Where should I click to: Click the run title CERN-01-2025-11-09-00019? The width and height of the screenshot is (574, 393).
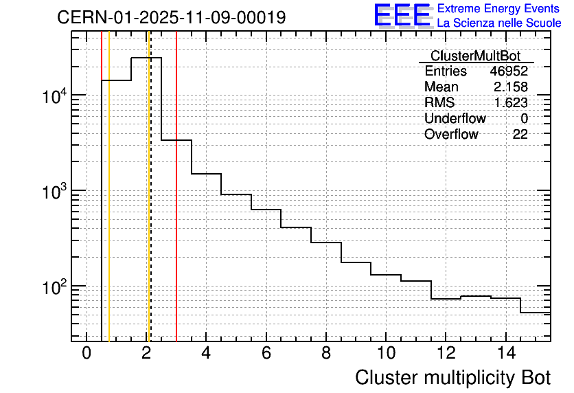172,18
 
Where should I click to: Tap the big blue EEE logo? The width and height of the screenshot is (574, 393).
402,15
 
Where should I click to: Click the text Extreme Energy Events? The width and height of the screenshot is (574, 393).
499,9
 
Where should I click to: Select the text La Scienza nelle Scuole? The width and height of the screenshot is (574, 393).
499,23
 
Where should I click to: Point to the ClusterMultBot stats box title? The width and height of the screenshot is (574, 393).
475,56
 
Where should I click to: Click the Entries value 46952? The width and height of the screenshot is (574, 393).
509,71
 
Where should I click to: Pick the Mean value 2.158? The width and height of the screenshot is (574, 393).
511,87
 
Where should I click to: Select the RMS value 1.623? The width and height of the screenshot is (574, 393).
511,103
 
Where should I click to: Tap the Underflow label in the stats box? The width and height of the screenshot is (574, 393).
455,119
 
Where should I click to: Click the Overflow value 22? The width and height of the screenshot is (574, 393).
520,135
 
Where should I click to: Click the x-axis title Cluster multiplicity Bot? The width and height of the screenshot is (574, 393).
452,377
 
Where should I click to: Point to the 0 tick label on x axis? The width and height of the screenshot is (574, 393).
87,353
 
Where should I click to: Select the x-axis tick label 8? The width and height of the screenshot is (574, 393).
326,353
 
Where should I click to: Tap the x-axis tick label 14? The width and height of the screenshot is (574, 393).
505,353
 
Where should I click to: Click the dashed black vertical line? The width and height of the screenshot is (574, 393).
150,206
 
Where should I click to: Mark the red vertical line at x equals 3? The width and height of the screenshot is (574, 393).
176,206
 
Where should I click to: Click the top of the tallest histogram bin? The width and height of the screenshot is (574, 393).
146,58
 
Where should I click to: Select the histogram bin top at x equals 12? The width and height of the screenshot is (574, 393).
446,299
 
